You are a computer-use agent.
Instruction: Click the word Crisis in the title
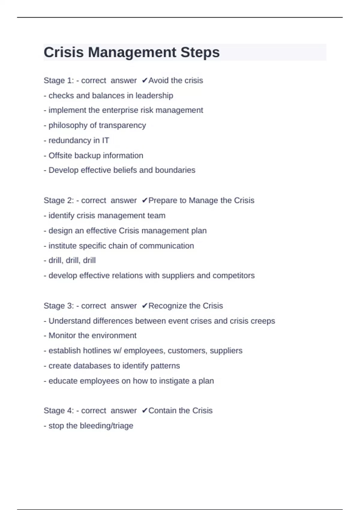click(64, 52)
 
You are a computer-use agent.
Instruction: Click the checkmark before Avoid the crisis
click(145, 80)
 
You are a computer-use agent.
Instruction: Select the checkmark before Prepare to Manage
click(145, 200)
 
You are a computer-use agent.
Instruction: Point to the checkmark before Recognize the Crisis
click(145, 306)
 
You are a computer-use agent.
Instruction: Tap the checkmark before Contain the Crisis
click(145, 410)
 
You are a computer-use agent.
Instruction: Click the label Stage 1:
click(59, 80)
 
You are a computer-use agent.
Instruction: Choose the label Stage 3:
click(59, 306)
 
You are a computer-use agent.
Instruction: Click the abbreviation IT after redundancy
click(105, 140)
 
